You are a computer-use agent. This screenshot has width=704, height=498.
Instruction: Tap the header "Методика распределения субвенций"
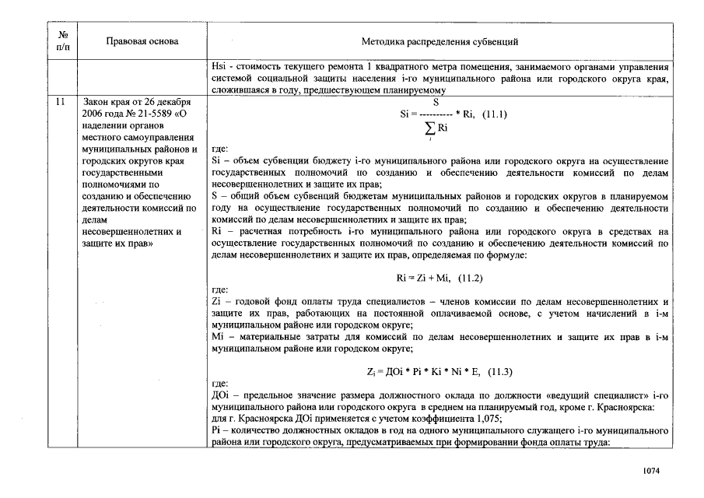[x=440, y=41]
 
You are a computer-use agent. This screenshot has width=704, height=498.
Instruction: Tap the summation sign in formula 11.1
[x=429, y=128]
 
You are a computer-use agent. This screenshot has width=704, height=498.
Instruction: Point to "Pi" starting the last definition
[x=216, y=430]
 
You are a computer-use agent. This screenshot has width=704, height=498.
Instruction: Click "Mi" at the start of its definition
[x=218, y=337]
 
